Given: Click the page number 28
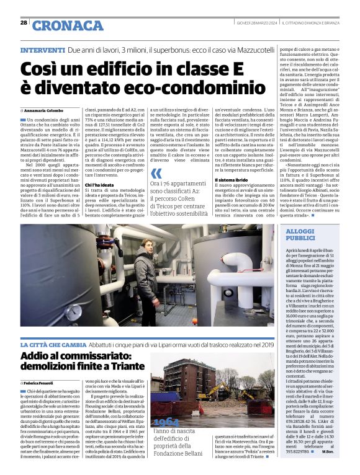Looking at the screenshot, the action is coord(24,22).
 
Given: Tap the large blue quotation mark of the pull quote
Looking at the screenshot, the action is coord(157,173).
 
